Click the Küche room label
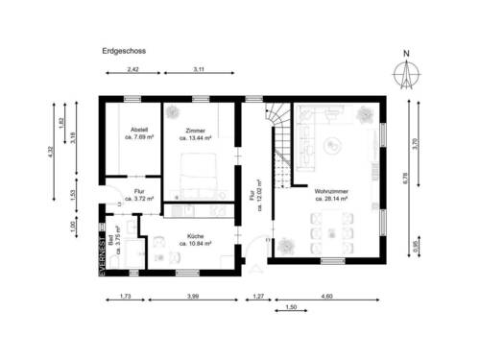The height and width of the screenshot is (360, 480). [x=195, y=240]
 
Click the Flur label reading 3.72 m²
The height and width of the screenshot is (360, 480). [x=140, y=196]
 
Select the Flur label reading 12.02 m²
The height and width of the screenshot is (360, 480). [x=256, y=191]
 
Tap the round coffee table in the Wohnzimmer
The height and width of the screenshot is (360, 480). [x=331, y=147]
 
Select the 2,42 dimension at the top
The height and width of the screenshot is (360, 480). [x=133, y=72]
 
